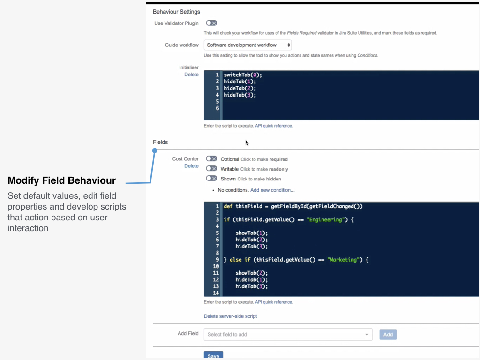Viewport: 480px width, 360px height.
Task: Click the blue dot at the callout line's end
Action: pyautogui.click(x=155, y=150)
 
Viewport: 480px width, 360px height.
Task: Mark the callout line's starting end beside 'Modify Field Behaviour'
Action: pyautogui.click(x=126, y=183)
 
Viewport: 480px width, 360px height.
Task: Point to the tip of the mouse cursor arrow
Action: pyautogui.click(x=246, y=140)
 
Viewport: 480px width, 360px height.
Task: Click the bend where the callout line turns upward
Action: pyautogui.click(x=150, y=183)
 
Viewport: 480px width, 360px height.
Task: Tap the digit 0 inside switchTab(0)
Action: pyautogui.click(x=255, y=75)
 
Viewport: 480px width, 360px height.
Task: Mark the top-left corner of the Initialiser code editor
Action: pyautogui.click(x=204, y=71)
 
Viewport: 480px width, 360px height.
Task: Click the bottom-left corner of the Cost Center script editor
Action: pyautogui.click(x=204, y=296)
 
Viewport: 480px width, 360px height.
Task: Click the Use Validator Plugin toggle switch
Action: pyautogui.click(x=211, y=23)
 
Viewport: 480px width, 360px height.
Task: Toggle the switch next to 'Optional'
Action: pyautogui.click(x=211, y=158)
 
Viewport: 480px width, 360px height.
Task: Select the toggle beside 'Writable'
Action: pyautogui.click(x=211, y=168)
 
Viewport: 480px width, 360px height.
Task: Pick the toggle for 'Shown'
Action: pyautogui.click(x=211, y=178)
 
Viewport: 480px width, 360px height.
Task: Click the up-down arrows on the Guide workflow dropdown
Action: pyautogui.click(x=288, y=45)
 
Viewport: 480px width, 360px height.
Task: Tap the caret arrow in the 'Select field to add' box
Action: pyautogui.click(x=367, y=335)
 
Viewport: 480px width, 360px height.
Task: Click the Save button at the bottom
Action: pyautogui.click(x=213, y=355)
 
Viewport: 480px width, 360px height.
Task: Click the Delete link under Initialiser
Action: pyautogui.click(x=191, y=75)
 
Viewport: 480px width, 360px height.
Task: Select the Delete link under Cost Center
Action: pyautogui.click(x=191, y=165)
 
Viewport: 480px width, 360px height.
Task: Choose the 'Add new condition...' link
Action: pyautogui.click(x=272, y=190)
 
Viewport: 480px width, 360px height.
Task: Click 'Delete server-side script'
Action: pyautogui.click(x=230, y=316)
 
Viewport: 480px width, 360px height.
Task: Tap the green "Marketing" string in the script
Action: pyautogui.click(x=343, y=260)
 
